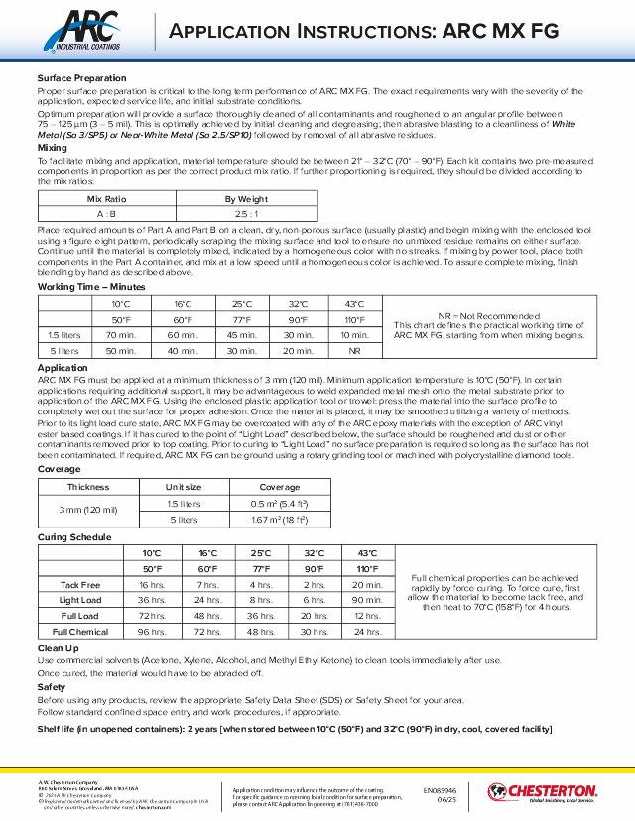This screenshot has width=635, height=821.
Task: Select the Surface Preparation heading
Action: coord(81,77)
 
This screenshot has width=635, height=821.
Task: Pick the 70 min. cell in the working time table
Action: coord(121,336)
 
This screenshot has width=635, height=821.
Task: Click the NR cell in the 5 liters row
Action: coord(354,351)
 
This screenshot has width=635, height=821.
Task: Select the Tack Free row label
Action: coord(79,585)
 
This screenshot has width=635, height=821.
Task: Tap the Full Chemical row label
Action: coord(80,631)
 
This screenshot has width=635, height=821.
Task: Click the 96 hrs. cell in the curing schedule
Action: coord(151,631)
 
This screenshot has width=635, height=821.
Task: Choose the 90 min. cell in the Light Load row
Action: coord(367,600)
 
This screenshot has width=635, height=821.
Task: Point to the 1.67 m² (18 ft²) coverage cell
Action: coord(279,519)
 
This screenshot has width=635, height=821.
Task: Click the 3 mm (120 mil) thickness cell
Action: coord(88,510)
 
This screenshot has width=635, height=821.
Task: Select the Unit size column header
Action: coord(184,487)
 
